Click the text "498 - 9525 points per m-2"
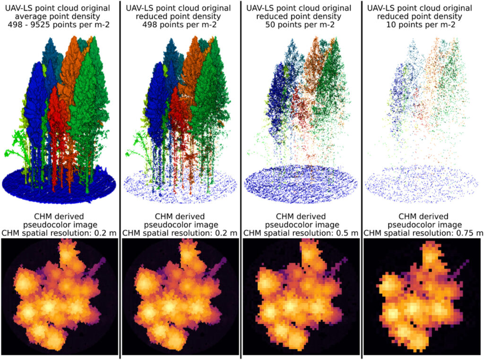(x=60, y=25)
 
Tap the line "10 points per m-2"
(x=419, y=25)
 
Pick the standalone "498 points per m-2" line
(x=180, y=25)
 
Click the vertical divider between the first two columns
(x=120, y=180)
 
